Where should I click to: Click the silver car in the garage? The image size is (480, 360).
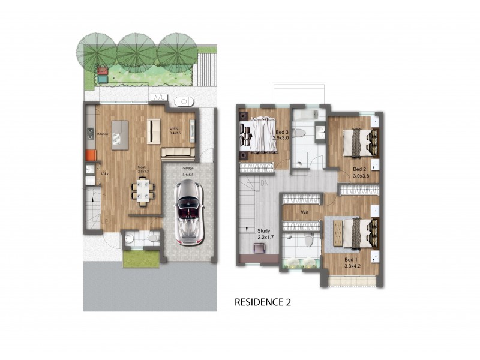188,211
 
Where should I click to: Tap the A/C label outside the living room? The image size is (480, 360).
159,98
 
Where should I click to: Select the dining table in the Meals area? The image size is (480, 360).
143,191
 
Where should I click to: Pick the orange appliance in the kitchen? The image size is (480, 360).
91,155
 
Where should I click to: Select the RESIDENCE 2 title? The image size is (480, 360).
262,302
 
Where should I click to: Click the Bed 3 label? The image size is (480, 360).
282,132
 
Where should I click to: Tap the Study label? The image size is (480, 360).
264,231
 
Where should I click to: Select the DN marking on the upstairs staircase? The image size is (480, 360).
265,184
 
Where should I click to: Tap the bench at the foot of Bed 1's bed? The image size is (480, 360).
337,233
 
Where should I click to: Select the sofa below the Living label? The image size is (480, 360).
179,152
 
